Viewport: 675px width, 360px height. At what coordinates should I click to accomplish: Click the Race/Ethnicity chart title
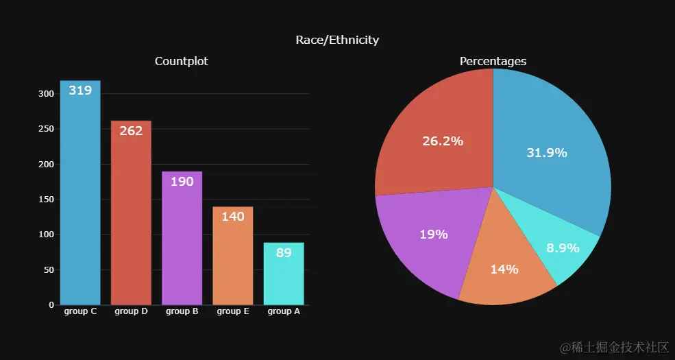337,40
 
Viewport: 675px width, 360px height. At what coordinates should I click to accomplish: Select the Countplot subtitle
182,61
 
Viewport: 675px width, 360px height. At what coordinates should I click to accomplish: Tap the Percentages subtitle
493,61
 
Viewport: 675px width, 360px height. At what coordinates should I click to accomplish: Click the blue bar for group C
80,199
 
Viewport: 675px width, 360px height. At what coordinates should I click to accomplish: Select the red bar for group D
131,219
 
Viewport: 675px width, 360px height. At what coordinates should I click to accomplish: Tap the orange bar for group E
233,261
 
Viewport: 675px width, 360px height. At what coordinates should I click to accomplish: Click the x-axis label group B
182,311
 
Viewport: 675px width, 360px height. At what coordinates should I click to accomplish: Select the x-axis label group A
284,311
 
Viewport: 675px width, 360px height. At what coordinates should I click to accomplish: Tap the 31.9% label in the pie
547,153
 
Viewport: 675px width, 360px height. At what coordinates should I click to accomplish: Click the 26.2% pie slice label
443,141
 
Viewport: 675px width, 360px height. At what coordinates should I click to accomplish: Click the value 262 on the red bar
131,130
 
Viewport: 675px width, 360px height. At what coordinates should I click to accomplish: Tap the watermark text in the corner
614,348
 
